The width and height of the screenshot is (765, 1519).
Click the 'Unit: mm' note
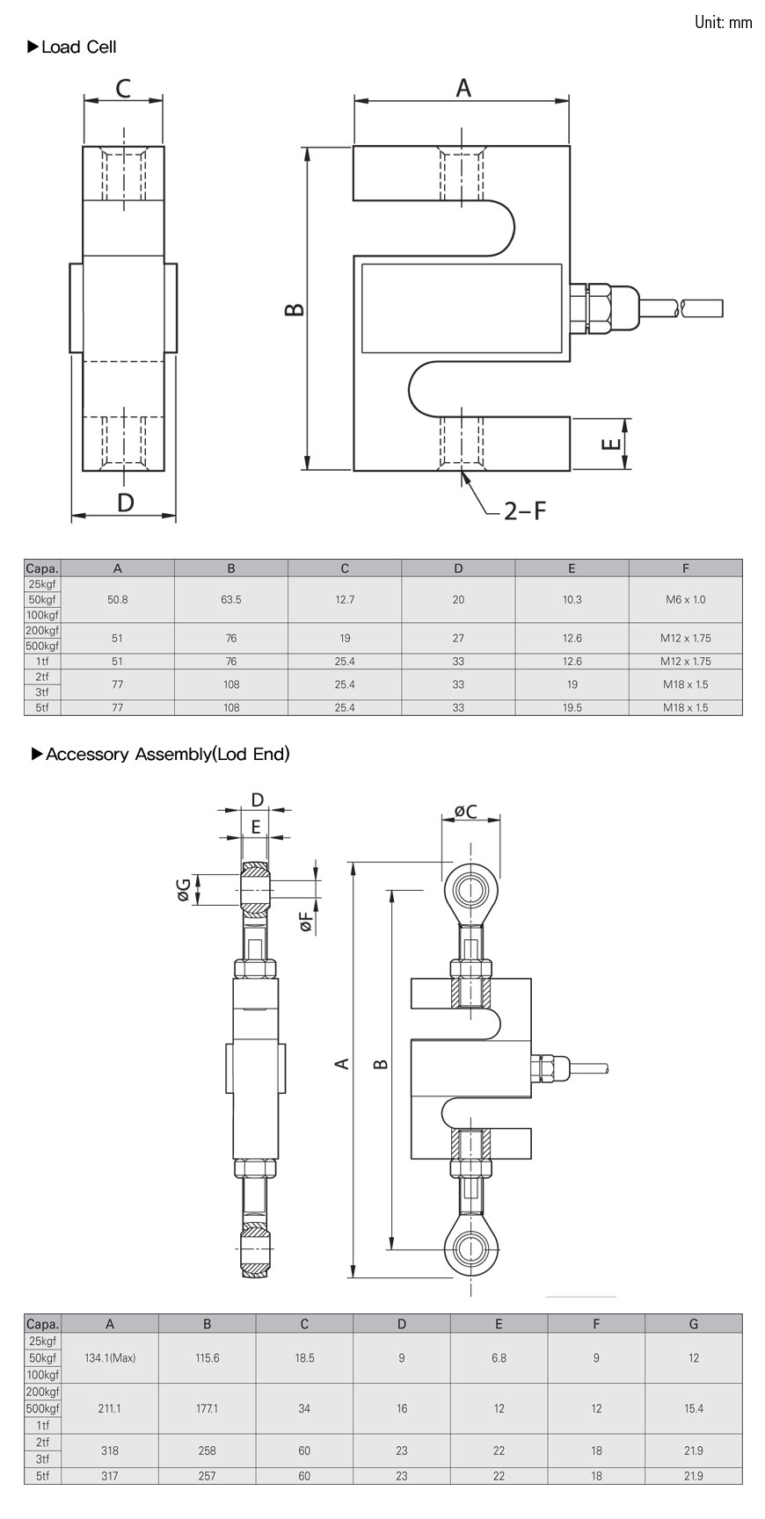click(x=723, y=23)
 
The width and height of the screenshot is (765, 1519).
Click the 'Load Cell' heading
click(x=78, y=47)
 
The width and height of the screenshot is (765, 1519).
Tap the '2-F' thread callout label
click(x=524, y=510)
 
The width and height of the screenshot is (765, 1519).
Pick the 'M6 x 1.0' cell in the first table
click(x=685, y=599)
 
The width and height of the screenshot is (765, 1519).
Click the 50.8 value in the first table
click(x=118, y=599)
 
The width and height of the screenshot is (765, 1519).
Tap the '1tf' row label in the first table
click(x=42, y=662)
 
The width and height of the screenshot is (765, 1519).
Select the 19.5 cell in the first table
click(x=572, y=707)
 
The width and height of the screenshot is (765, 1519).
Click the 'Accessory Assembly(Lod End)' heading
click(x=167, y=754)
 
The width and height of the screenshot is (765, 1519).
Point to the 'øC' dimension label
click(x=465, y=811)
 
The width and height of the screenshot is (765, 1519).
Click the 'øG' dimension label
click(x=184, y=891)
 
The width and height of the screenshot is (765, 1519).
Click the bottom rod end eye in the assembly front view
click(x=472, y=1243)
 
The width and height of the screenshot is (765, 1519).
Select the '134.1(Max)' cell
click(x=110, y=1357)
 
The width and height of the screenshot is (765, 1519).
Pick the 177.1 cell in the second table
click(x=207, y=1408)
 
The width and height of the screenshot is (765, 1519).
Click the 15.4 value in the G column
click(x=693, y=1408)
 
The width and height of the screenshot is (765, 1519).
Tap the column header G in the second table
click(x=693, y=1324)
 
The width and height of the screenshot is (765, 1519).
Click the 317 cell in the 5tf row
click(x=110, y=1476)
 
